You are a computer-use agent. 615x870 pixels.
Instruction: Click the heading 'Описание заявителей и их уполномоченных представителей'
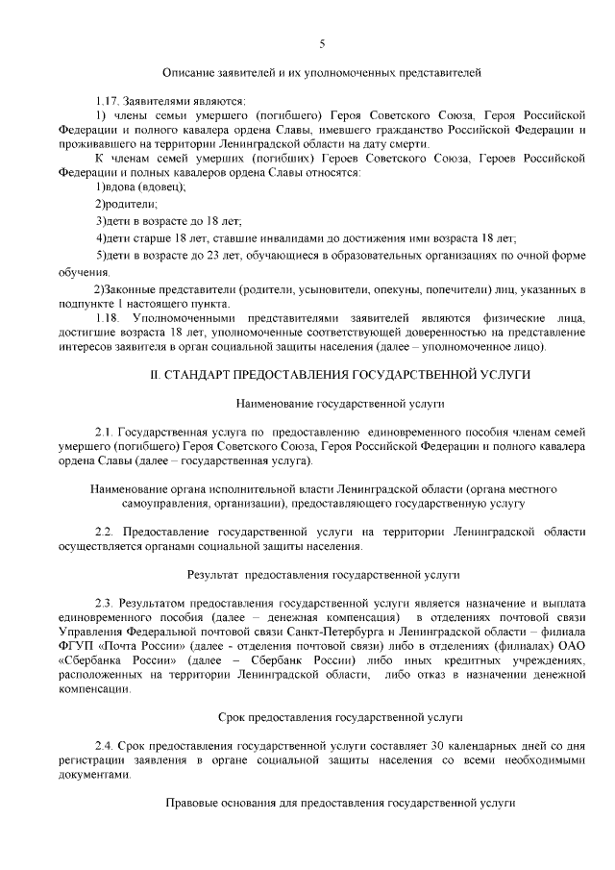[321, 72]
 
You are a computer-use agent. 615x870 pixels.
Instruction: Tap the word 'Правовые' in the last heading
[191, 802]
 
